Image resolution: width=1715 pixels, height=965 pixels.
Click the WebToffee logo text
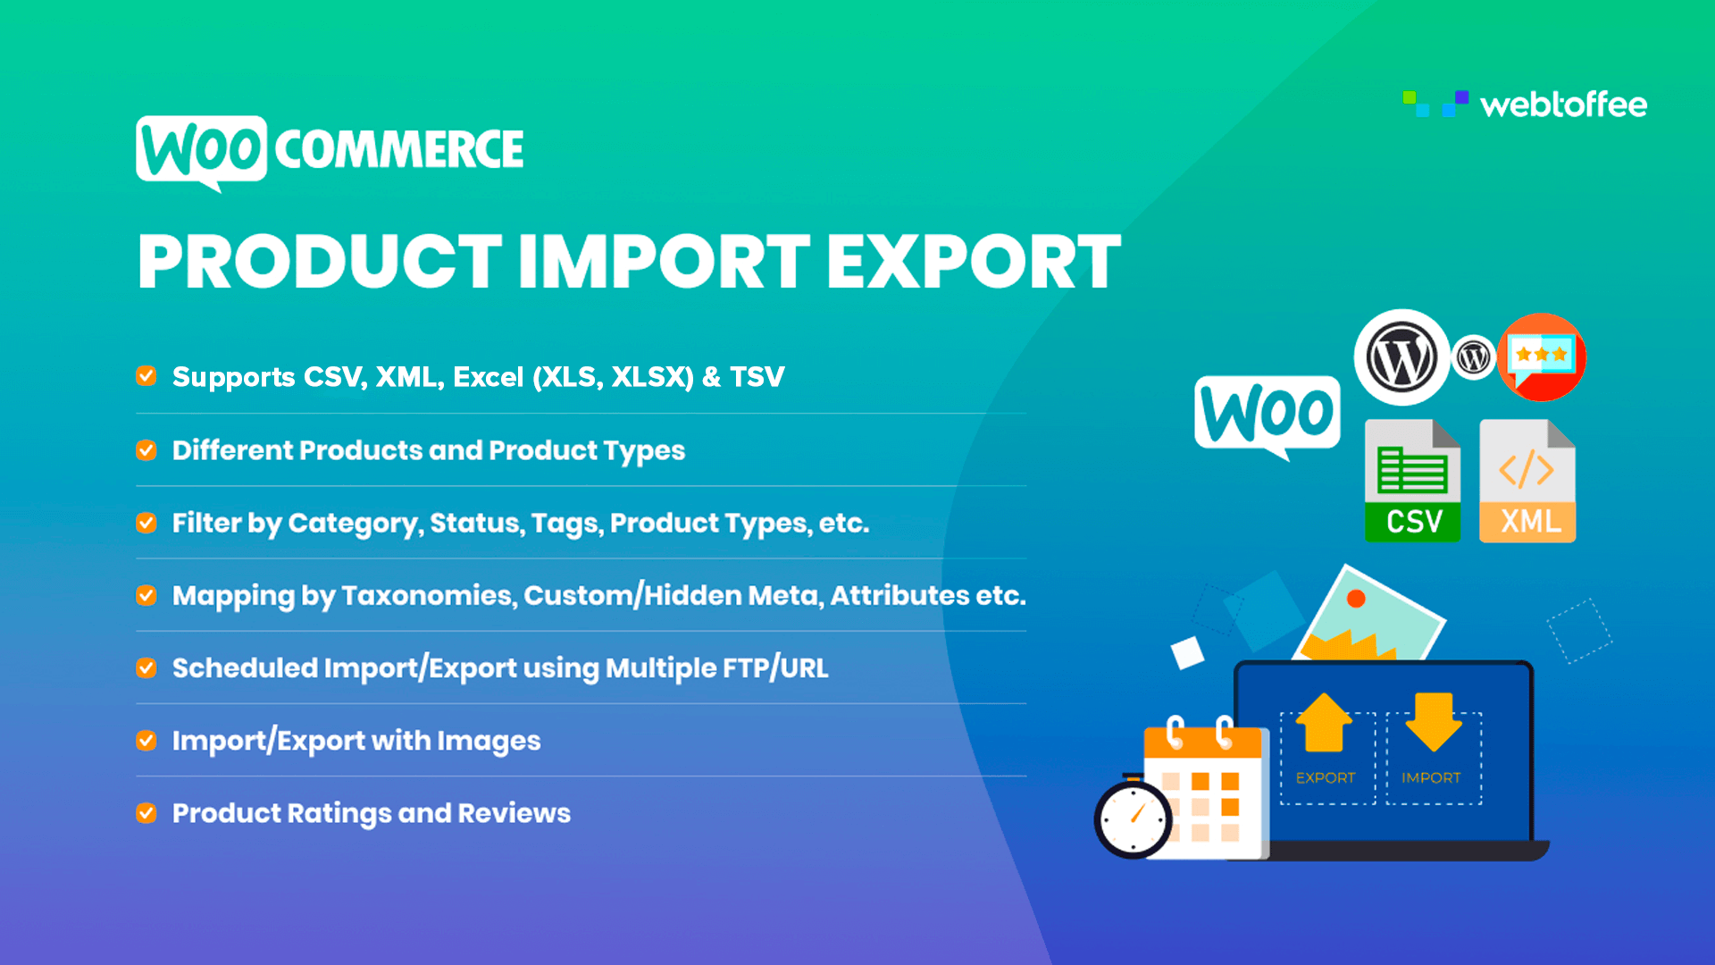(1563, 105)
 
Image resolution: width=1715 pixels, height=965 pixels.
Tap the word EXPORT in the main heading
(973, 262)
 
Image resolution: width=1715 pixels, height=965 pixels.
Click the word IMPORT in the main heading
(664, 262)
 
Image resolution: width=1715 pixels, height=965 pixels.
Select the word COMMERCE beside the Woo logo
(398, 149)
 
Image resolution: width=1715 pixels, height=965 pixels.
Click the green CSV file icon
(1412, 482)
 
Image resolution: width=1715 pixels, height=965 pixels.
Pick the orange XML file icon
(1527, 482)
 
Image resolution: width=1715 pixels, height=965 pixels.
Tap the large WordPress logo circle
(1401, 357)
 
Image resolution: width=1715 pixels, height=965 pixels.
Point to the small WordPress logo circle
(1474, 357)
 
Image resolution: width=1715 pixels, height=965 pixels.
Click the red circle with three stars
(1543, 357)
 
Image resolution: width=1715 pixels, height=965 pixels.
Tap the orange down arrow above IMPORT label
(1433, 722)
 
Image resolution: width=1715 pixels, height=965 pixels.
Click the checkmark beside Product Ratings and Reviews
(146, 813)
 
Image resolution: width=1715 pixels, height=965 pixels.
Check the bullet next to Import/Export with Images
(146, 741)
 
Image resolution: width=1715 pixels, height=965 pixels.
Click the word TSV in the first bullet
(757, 377)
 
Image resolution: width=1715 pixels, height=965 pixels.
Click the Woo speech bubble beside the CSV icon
(1267, 413)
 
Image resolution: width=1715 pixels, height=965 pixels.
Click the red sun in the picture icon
(1356, 599)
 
